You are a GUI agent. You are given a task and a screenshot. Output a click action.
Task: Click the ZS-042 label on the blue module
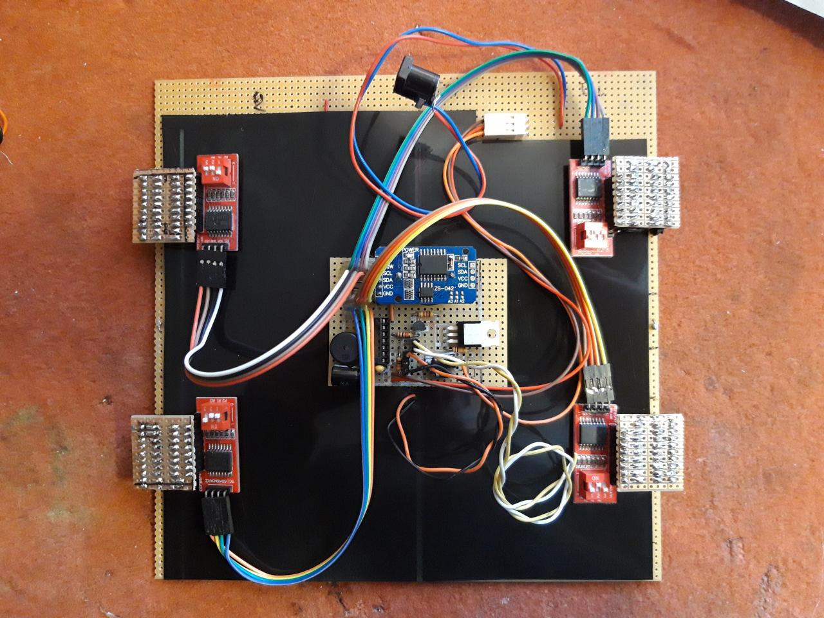point(446,288)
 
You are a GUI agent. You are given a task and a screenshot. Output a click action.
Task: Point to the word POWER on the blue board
point(411,249)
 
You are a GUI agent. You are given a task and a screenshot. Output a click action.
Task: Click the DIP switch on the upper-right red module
point(593,234)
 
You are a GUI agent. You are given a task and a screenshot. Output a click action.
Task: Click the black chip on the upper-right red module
point(588,187)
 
